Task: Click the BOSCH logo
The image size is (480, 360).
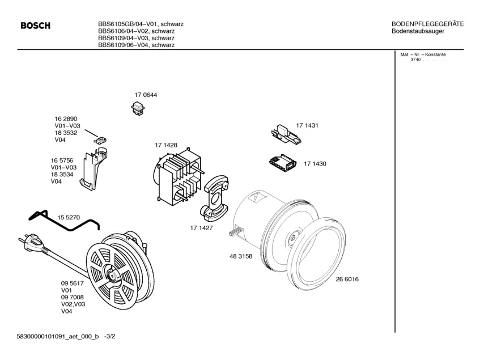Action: coord(35,26)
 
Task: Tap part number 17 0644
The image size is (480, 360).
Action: coord(146,95)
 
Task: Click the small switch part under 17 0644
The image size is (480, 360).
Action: coord(138,107)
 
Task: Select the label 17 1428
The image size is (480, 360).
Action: coord(166,145)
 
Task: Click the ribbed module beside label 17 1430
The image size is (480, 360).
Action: coord(282,164)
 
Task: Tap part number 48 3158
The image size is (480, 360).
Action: coord(240,256)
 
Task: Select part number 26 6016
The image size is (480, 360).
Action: coord(347,279)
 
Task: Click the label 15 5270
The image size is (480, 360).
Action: coord(69,217)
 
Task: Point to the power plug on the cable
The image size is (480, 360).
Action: coord(31,243)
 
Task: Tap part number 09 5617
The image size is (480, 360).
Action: coord(73,283)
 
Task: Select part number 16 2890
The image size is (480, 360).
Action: coord(66,118)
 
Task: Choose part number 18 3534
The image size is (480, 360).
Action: coord(62,175)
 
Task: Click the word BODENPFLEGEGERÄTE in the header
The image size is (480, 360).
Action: coord(428,24)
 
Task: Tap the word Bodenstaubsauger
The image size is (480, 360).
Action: coord(418,31)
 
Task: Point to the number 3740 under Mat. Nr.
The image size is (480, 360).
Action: coord(415,60)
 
